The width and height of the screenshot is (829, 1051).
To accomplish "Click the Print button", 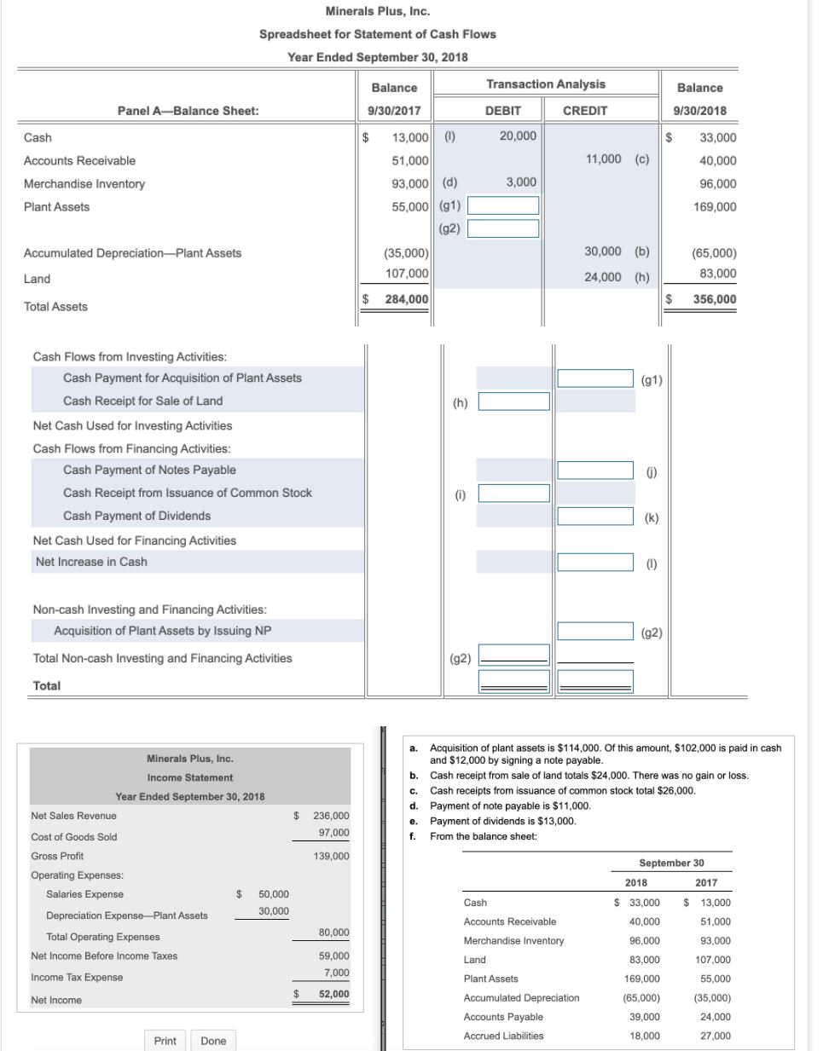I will [165, 1041].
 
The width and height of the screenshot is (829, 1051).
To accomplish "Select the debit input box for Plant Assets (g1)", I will [502, 206].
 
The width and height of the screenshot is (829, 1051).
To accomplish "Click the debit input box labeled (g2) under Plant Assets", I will [502, 228].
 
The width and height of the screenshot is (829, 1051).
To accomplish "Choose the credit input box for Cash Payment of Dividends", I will [594, 517].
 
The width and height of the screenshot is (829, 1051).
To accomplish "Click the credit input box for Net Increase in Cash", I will [594, 563].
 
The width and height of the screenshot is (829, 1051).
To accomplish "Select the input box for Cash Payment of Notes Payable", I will [594, 471].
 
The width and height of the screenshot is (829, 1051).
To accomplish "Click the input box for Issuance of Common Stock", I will [513, 494].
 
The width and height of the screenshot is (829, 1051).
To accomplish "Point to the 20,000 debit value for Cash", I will [518, 136].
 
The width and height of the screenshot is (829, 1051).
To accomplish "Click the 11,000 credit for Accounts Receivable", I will [604, 159].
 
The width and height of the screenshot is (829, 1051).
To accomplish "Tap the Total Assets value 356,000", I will [714, 299].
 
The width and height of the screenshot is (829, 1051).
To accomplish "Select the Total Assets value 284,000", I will [406, 299].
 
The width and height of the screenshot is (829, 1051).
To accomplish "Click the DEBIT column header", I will [502, 111].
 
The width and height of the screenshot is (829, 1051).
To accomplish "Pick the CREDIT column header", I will [585, 111].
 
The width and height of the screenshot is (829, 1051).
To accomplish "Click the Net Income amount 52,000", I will [333, 994].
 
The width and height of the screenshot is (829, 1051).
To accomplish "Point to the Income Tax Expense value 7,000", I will [336, 973].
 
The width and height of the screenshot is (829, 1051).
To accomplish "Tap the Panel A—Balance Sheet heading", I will [188, 111].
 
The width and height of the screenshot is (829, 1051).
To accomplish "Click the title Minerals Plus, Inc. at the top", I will [377, 11].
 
